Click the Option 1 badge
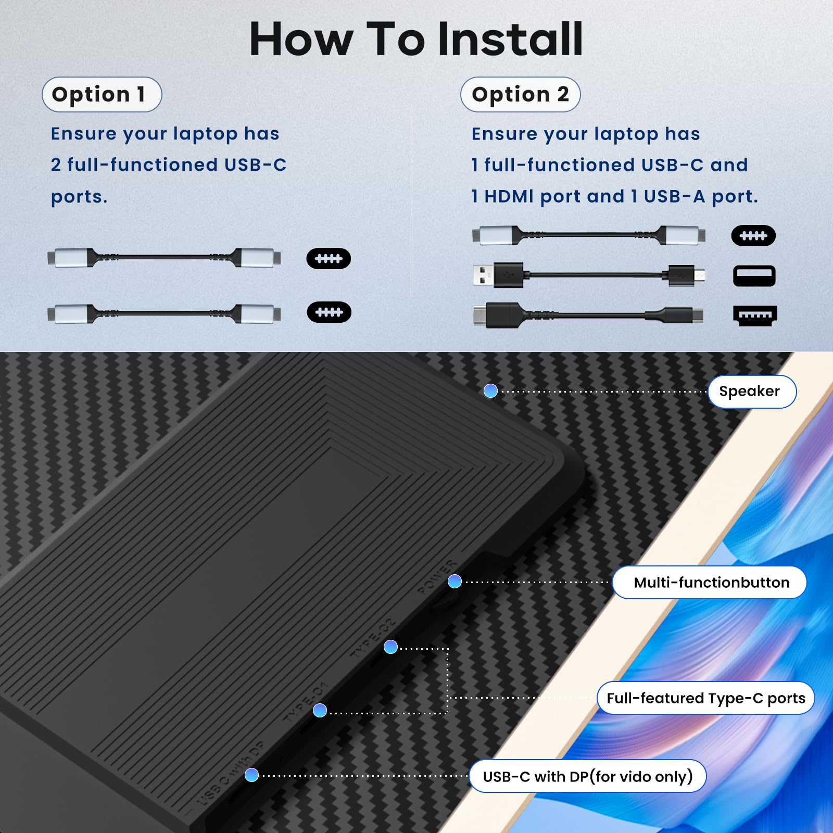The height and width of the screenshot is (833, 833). (x=102, y=94)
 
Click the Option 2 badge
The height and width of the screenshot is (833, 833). (x=520, y=94)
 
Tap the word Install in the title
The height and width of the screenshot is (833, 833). (x=510, y=40)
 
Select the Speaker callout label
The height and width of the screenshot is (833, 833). (x=751, y=392)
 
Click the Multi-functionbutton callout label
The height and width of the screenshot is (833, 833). (x=710, y=582)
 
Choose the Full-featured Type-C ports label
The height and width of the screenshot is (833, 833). (x=705, y=698)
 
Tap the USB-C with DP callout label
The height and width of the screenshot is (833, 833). (x=587, y=776)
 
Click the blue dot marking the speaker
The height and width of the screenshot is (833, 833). (x=490, y=391)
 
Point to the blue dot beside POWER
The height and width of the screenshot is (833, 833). (x=455, y=582)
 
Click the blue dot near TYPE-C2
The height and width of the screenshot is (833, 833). (x=390, y=647)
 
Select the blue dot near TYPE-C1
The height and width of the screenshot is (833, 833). (x=320, y=710)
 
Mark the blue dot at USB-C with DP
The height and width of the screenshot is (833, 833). (x=251, y=775)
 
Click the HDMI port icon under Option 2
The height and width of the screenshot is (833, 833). (x=754, y=315)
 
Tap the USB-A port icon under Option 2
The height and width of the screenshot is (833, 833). (x=754, y=276)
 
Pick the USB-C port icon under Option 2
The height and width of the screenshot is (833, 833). (x=753, y=236)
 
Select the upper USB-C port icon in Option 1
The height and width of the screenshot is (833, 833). (x=328, y=259)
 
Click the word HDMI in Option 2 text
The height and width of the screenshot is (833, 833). (x=509, y=196)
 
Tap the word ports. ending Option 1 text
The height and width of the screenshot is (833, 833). (x=79, y=197)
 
